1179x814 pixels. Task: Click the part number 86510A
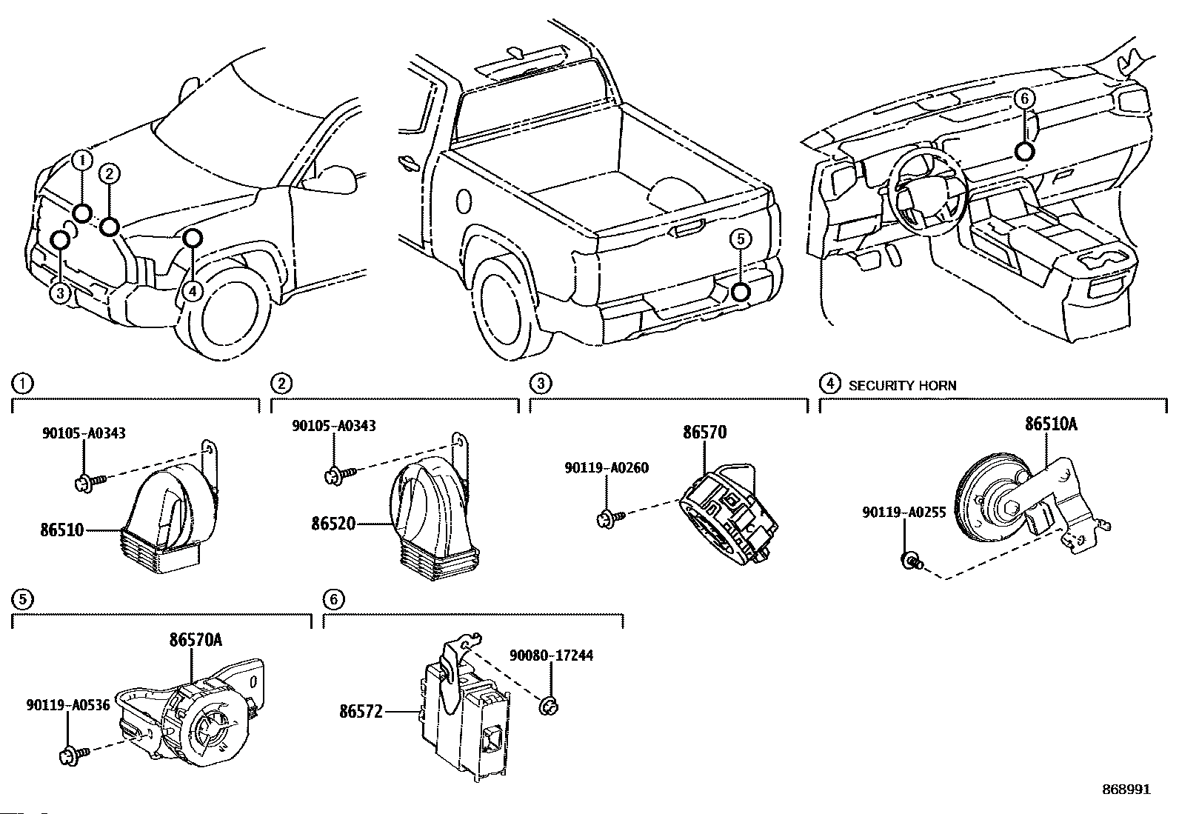1051,424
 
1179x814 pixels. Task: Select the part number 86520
333,524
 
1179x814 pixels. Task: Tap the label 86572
361,712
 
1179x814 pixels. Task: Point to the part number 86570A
196,640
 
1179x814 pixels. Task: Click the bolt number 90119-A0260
607,467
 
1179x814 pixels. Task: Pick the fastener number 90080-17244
551,655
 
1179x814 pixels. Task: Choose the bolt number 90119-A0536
68,705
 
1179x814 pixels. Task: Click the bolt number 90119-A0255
904,513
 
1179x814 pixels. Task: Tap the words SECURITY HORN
902,385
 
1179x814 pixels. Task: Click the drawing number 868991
1126,790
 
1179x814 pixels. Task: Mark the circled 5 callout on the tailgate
741,239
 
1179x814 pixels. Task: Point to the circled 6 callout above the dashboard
1024,99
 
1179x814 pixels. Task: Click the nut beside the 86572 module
550,705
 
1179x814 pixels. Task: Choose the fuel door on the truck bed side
464,201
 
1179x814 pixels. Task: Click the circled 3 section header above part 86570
541,384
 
